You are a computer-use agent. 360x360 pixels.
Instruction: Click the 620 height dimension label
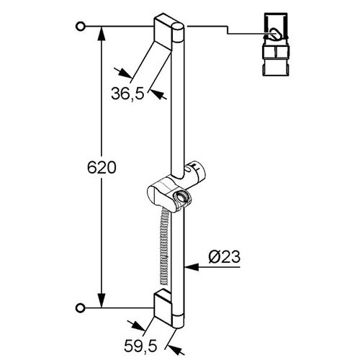pos(102,168)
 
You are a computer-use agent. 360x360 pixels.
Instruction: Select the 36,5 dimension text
pos(128,94)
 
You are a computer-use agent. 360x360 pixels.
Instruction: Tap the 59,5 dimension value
pos(140,346)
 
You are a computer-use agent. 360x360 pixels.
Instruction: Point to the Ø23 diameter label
pos(225,257)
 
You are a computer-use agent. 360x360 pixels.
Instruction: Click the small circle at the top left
pos(81,26)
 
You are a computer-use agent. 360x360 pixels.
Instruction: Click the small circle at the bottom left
pos(81,307)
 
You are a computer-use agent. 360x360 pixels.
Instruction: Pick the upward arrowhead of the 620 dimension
pos(102,34)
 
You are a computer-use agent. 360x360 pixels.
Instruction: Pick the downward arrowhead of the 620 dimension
pos(102,300)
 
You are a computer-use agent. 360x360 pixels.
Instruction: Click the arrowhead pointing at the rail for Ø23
pos(192,266)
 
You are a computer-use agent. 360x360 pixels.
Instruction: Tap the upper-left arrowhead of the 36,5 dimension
pos(125,73)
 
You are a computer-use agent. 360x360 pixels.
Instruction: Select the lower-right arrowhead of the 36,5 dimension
pos(156,94)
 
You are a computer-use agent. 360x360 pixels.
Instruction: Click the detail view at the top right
pos(276,45)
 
